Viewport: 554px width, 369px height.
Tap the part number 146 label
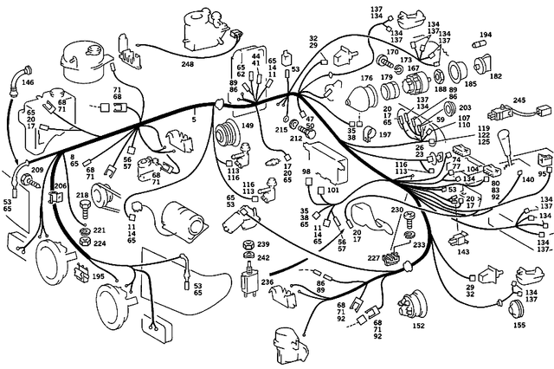(28, 82)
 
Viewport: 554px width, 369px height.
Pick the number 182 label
(496, 76)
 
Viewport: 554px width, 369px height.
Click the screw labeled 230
(407, 223)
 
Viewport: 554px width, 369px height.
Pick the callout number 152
(419, 327)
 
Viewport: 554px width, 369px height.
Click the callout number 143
(463, 252)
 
